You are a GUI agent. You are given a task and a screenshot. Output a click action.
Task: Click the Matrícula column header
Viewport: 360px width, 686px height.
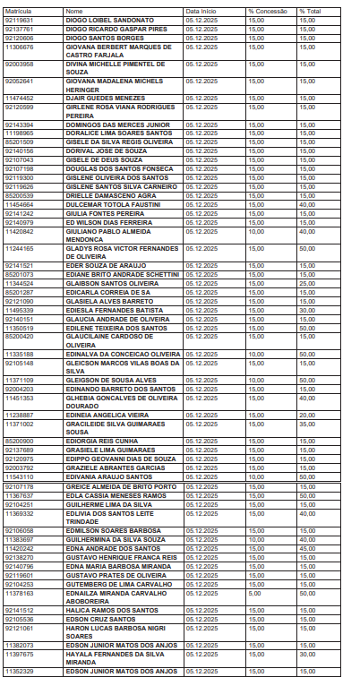[18, 11]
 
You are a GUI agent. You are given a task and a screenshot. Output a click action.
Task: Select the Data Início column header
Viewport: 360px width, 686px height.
[201, 11]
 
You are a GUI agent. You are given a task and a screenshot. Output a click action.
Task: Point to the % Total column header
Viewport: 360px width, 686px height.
[309, 11]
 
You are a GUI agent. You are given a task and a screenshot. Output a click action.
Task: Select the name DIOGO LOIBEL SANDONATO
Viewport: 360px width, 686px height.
[103, 18]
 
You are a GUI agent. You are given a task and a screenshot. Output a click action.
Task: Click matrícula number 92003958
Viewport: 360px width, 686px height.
[20, 64]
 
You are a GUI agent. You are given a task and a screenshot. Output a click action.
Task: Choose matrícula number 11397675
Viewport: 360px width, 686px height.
[20, 653]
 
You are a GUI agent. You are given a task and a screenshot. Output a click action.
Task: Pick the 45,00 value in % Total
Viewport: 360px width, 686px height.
[306, 547]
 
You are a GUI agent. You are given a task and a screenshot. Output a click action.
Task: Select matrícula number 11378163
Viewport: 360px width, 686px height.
[20, 592]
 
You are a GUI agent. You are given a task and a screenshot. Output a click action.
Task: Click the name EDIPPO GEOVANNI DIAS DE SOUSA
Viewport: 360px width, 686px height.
[115, 458]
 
